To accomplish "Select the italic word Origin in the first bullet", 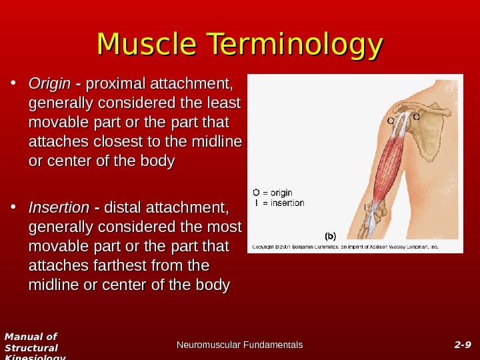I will coord(49,84).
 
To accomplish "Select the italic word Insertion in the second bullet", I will coord(59,207).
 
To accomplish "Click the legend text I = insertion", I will coord(279,203).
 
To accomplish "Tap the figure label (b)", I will coord(331,235).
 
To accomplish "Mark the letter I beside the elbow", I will coord(365,207).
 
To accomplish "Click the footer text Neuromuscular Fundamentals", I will coord(240,345).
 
